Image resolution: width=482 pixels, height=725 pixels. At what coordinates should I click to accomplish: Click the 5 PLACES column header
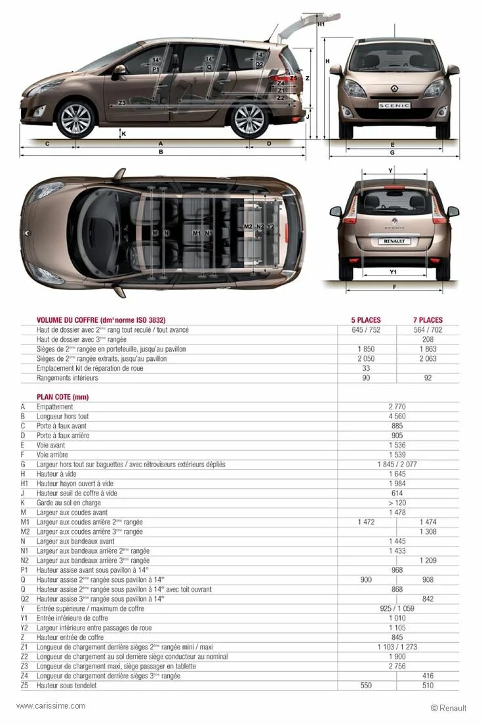click(x=367, y=320)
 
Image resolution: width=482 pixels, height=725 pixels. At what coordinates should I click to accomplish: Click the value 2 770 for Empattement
click(x=397, y=407)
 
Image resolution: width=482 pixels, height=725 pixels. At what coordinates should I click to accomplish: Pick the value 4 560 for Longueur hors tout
click(x=397, y=417)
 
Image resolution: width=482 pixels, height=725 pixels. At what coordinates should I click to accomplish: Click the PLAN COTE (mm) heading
click(x=62, y=397)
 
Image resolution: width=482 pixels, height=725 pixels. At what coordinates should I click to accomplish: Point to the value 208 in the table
click(x=428, y=339)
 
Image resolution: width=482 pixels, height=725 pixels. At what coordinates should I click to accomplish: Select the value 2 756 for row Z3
click(x=397, y=667)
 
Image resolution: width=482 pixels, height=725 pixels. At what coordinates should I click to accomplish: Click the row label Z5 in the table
click(x=24, y=686)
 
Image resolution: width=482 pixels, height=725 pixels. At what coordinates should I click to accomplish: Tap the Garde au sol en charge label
click(x=69, y=503)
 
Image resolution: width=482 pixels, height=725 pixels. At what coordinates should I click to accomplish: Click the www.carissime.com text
click(x=50, y=706)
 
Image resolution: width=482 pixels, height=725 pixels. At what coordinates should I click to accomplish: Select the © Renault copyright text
click(x=449, y=708)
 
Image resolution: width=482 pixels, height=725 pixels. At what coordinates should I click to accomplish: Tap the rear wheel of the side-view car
click(x=250, y=120)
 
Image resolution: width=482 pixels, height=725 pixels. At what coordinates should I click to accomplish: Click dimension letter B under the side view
click(x=161, y=152)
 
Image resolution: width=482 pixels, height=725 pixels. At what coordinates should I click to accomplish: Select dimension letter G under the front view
click(x=392, y=153)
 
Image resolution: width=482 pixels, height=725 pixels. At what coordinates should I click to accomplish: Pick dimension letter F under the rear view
click(x=393, y=287)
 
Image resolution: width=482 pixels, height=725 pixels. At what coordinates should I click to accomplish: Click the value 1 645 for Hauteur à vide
click(x=397, y=474)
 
